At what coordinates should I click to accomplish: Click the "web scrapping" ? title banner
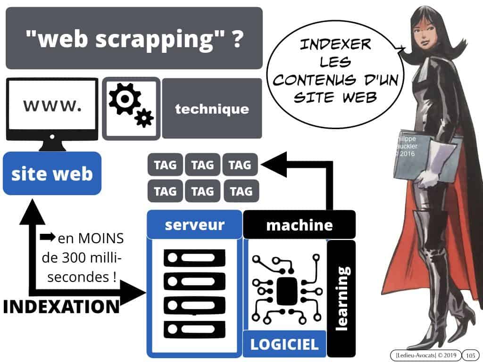134,39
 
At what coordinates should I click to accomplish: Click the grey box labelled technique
212,109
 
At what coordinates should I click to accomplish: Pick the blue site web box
52,173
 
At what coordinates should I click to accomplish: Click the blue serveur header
194,224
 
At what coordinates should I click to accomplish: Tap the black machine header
299,225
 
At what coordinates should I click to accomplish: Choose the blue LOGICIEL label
284,344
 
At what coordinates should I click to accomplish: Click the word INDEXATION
61,306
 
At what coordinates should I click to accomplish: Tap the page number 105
469,354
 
